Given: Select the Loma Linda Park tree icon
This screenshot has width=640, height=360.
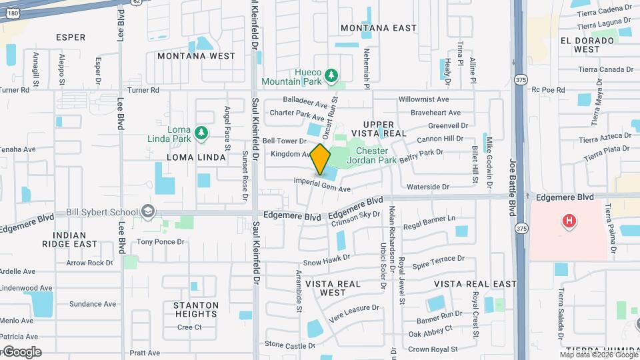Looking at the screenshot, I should (x=201, y=134).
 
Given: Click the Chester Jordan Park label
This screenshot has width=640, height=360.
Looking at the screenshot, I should (x=381, y=155).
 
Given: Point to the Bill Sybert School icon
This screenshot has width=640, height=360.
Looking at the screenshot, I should (x=147, y=212).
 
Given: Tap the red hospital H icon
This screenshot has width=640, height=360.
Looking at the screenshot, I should (x=569, y=221).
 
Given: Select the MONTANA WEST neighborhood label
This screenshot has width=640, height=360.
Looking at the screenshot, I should (x=196, y=57).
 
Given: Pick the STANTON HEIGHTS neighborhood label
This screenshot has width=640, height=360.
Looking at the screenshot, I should (x=196, y=310).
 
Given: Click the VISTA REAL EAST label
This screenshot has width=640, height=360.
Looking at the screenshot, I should (x=475, y=284).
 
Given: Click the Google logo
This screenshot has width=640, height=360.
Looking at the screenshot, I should (x=22, y=352).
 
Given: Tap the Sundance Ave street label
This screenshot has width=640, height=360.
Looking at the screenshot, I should (x=93, y=304).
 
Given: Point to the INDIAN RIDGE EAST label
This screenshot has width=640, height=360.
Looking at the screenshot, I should (x=70, y=240).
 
